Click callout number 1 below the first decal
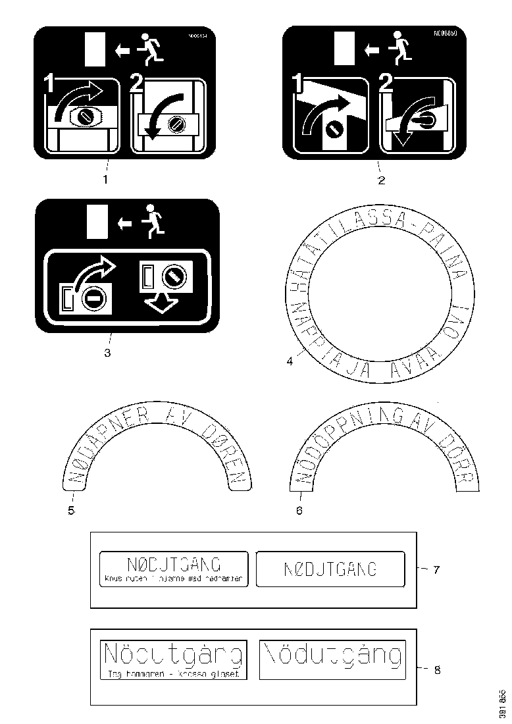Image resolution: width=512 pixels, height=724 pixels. tap(106, 178)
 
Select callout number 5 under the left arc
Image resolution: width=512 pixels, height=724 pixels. tap(70, 511)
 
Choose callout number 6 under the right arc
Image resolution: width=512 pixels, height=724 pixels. tap(299, 511)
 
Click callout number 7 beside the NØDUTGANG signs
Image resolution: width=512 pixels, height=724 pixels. tap(435, 570)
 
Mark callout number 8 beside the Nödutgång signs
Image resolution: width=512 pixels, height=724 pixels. tap(436, 670)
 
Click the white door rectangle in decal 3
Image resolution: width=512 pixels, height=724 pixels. tap(96, 220)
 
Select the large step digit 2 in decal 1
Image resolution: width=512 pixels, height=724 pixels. tap(136, 84)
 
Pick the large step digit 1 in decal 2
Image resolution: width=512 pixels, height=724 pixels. tap(297, 84)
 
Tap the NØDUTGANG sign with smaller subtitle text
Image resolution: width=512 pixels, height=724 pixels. tap(174, 569)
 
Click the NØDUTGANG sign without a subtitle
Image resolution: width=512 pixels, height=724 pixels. tap(330, 569)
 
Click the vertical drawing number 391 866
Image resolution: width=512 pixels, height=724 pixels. tap(502, 704)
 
